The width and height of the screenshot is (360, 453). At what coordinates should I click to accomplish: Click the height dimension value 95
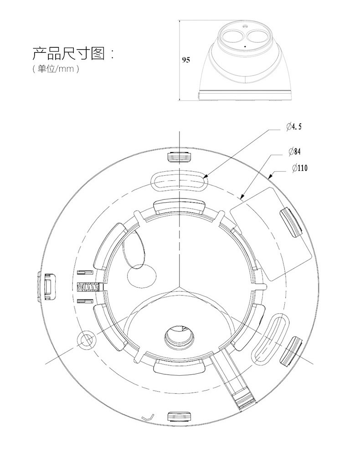185,60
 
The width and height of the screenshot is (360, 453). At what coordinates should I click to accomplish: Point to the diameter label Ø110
299,168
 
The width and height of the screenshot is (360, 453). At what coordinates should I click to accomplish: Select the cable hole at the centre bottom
179,336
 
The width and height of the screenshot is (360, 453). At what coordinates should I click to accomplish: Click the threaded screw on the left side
89,288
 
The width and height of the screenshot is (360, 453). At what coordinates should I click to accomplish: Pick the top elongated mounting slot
179,180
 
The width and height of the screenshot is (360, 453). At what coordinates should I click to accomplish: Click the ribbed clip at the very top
180,157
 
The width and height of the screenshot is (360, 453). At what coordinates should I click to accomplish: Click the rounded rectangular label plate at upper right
270,233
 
